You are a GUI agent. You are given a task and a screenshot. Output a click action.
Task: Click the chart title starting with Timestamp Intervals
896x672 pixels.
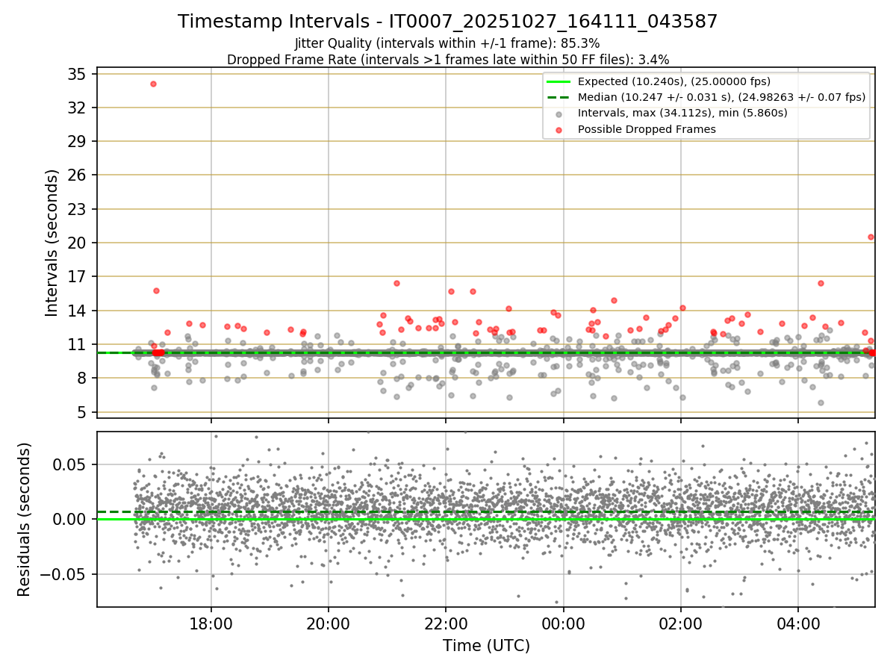coord(447,22)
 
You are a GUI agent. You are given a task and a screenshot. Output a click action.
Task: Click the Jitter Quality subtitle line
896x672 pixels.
coord(447,43)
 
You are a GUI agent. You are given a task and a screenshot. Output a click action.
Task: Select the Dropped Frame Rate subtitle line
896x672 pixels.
coord(447,59)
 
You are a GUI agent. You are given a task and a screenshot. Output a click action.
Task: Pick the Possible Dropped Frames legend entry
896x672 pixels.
coord(647,129)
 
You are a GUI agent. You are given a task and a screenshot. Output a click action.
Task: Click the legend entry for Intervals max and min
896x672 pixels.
coord(682,113)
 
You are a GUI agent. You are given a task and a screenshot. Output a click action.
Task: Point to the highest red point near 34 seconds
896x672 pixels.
coord(153,84)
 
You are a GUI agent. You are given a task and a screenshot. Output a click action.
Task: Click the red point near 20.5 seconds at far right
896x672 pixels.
coord(871,237)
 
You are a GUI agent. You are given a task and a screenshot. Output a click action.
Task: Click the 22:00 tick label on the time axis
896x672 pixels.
coord(446,623)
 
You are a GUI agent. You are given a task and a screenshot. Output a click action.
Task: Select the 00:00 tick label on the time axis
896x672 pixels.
coord(563,623)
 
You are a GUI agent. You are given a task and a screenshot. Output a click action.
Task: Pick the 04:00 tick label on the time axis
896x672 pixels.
coord(798,623)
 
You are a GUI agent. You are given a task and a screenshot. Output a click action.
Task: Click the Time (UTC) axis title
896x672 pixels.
coord(486,646)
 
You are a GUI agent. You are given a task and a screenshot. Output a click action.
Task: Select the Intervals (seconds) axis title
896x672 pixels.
coord(52,242)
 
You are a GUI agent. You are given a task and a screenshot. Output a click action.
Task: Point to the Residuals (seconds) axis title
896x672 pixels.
coord(24,519)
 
